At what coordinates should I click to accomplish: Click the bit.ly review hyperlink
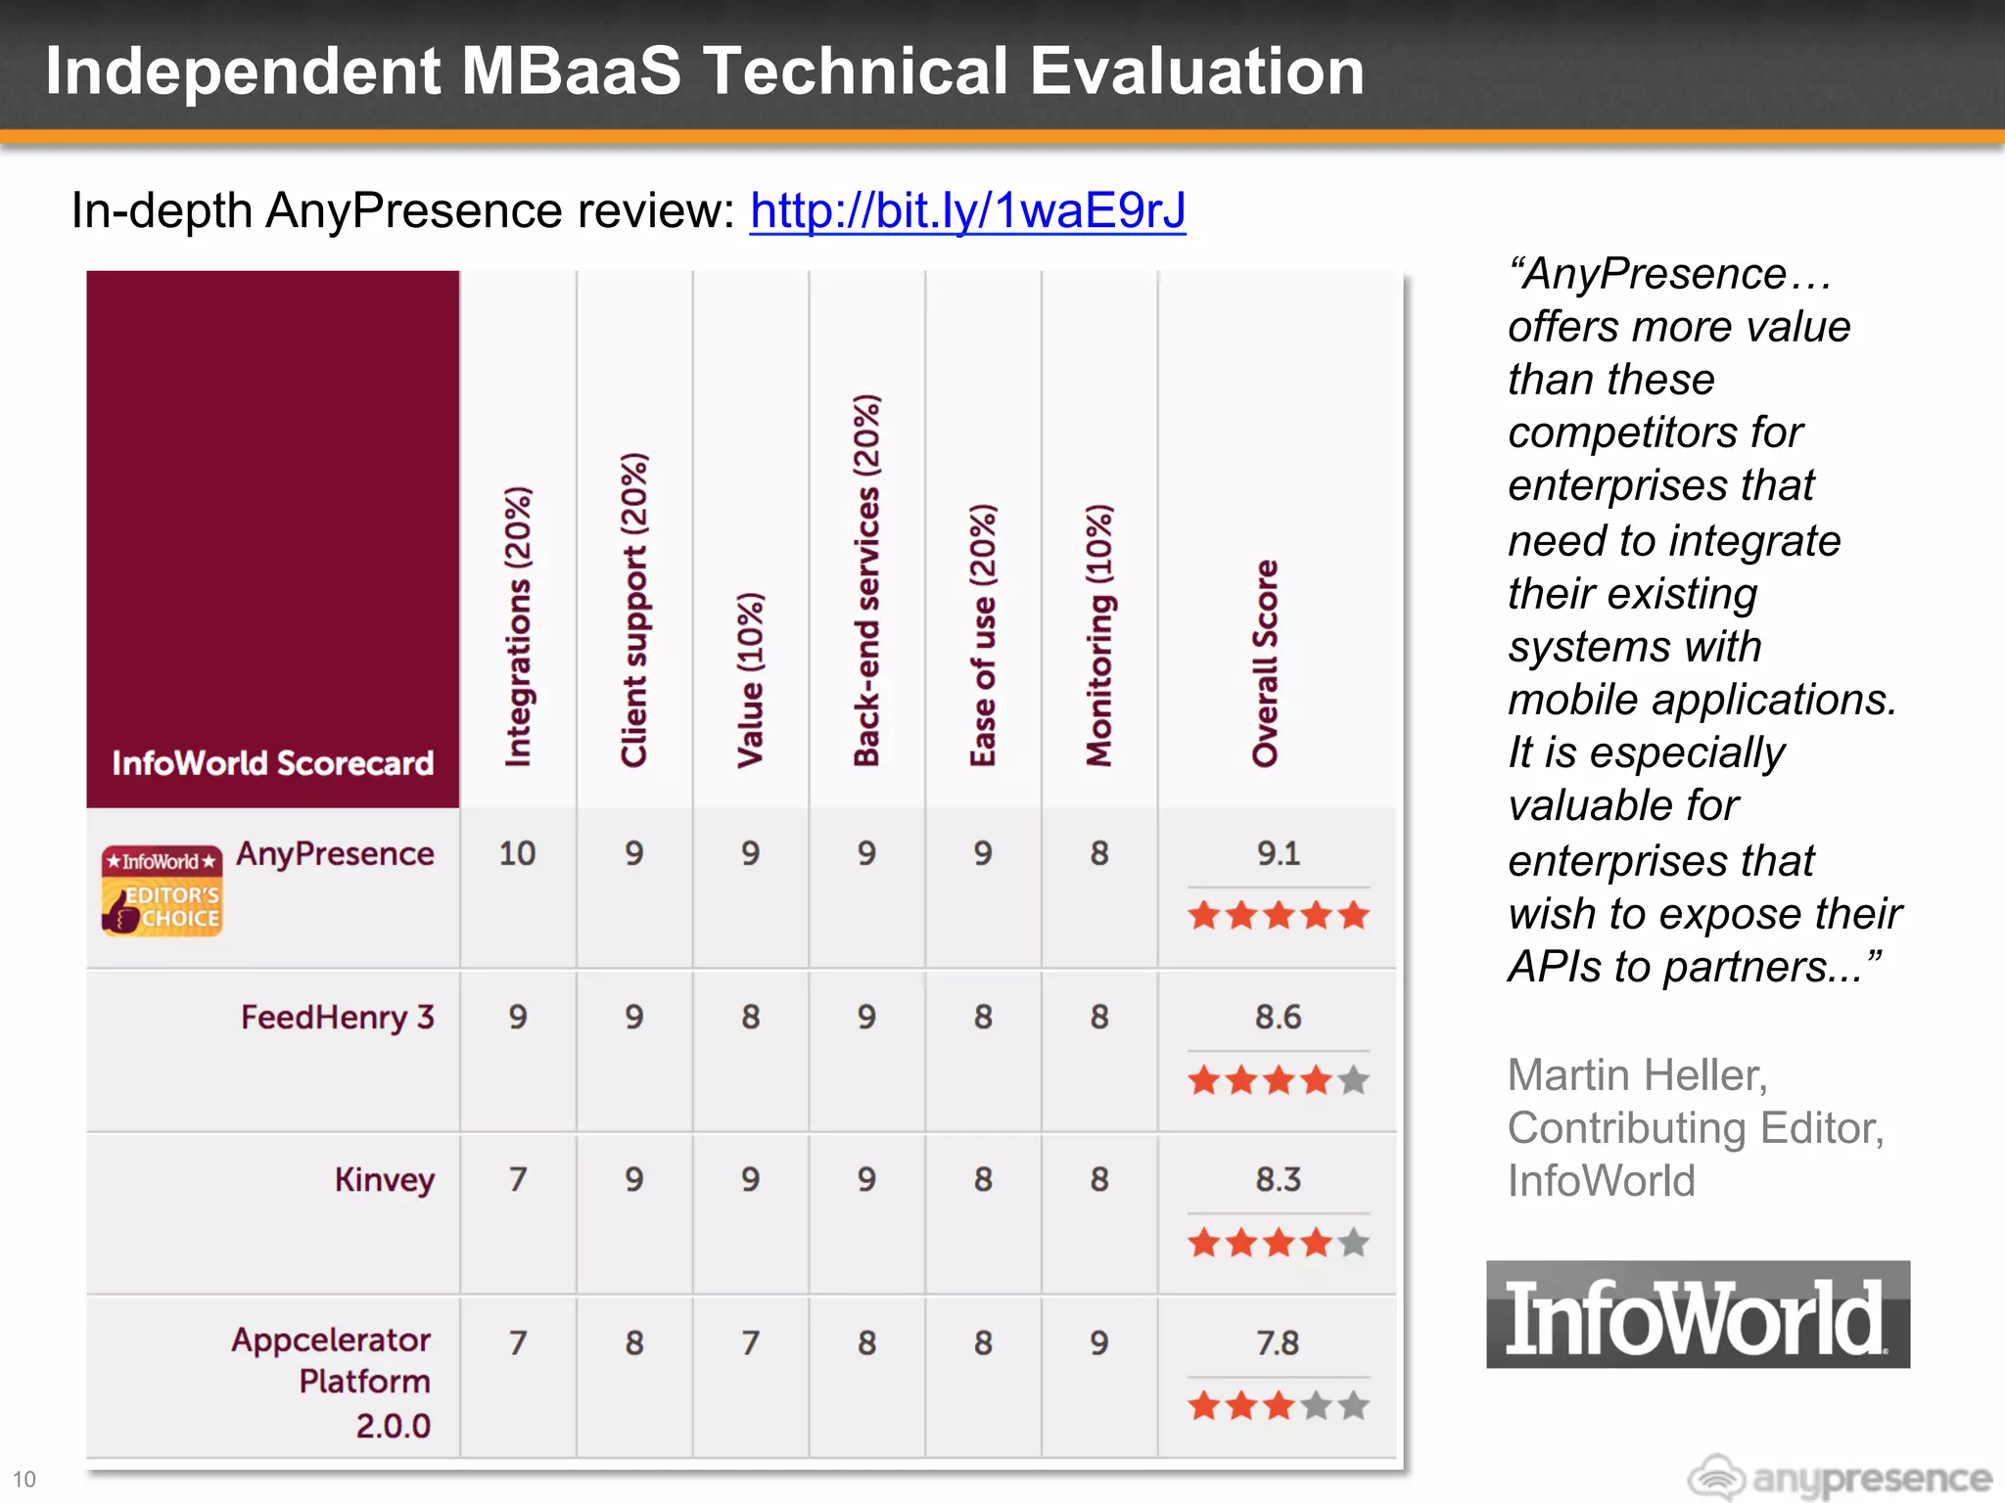(x=967, y=210)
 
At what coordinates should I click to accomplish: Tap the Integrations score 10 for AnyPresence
(x=517, y=853)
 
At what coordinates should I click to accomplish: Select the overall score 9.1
(x=1278, y=853)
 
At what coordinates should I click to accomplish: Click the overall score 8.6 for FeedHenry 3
(x=1278, y=1017)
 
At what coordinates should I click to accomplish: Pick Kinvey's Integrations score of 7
(x=517, y=1179)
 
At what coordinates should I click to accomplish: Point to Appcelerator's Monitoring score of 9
(x=1099, y=1343)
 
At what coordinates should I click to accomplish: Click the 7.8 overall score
(x=1278, y=1343)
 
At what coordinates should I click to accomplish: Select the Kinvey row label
(x=384, y=1179)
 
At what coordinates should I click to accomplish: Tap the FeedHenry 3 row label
(x=337, y=1017)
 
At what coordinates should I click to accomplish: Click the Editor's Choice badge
(x=162, y=890)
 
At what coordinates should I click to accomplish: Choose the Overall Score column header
(x=1265, y=663)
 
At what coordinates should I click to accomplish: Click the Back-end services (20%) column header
(x=866, y=580)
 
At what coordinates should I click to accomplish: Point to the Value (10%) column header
(x=750, y=679)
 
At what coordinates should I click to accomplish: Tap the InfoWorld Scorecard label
(x=272, y=762)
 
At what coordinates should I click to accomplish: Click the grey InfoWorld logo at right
(x=1697, y=1314)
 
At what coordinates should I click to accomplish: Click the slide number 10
(x=23, y=1479)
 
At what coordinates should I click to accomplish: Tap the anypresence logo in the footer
(x=1840, y=1478)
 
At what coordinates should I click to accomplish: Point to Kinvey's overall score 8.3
(x=1278, y=1179)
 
